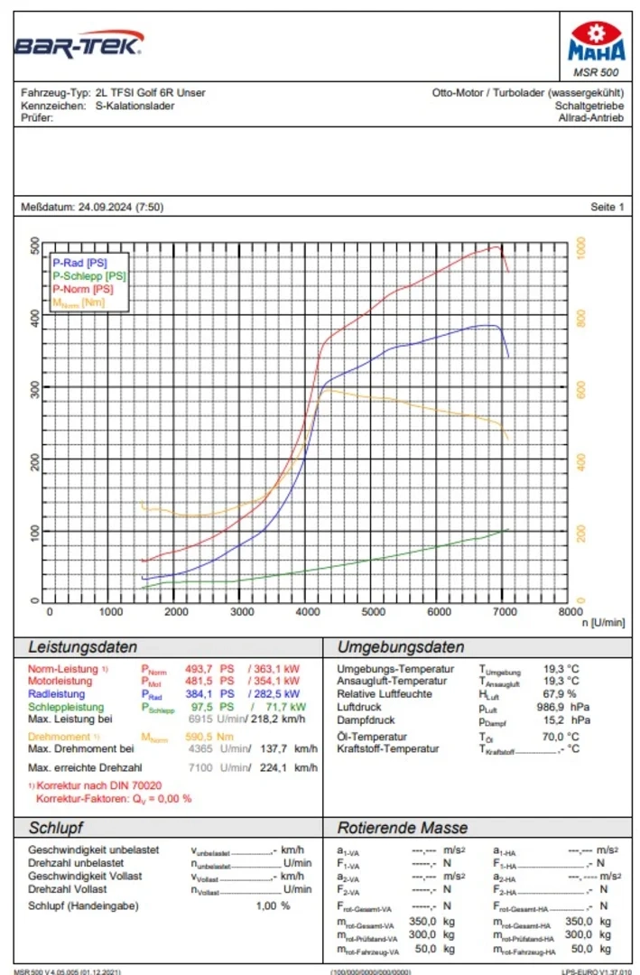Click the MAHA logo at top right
596,46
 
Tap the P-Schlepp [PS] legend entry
88,276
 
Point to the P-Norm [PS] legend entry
83,289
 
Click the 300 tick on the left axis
35,389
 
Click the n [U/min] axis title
603,623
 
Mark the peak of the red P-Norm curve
496,246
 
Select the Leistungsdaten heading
83,647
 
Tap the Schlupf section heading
56,828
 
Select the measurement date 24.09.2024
106,208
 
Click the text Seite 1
607,208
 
